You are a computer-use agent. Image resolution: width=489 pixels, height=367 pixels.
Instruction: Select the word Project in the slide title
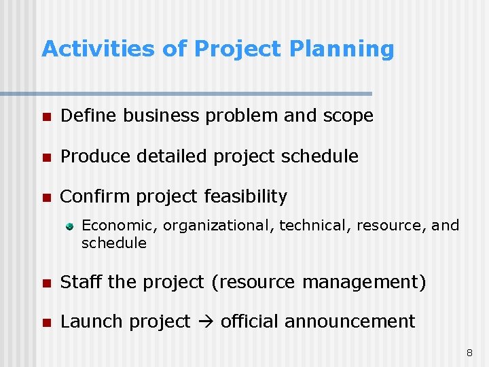click(x=238, y=49)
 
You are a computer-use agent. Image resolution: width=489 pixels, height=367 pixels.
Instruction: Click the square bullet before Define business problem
click(x=46, y=117)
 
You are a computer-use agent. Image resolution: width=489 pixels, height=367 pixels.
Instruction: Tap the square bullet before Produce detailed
click(x=46, y=157)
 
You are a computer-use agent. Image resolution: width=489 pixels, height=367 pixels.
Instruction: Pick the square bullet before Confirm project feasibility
click(x=46, y=198)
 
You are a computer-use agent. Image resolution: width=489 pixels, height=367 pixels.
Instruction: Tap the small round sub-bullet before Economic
click(x=69, y=226)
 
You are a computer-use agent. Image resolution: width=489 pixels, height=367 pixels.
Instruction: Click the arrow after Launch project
click(x=206, y=322)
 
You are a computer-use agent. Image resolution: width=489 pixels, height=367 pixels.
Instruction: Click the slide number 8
click(x=469, y=353)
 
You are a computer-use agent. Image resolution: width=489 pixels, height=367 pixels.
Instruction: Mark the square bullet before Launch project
click(x=46, y=322)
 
